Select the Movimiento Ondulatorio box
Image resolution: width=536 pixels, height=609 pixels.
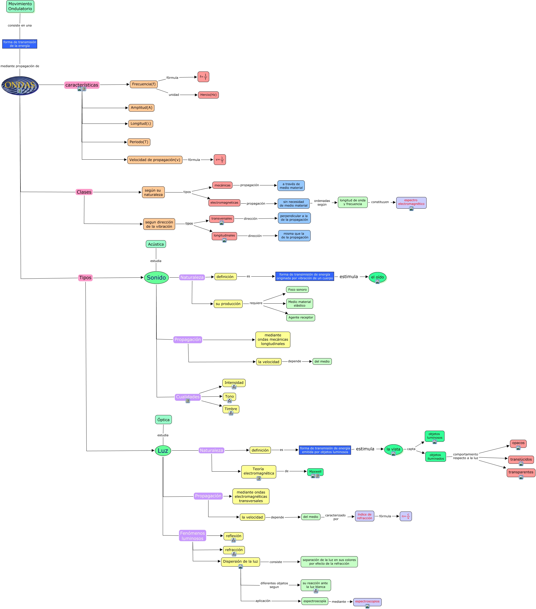[20, 6]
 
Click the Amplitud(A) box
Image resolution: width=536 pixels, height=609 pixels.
[141, 108]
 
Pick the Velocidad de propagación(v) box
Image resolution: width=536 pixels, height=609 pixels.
[155, 160]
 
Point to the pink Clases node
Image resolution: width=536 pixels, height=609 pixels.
[84, 192]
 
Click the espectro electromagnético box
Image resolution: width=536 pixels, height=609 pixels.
[411, 202]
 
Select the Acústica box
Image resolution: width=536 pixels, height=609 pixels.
[156, 244]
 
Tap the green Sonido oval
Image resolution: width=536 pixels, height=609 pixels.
[156, 277]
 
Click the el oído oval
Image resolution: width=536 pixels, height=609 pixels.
[377, 277]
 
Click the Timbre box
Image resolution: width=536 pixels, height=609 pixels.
[231, 409]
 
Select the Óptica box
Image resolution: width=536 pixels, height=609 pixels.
[163, 420]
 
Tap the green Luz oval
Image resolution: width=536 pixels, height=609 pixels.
[163, 450]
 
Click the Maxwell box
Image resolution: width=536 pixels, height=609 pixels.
[315, 471]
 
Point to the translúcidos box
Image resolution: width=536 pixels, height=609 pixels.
[521, 459]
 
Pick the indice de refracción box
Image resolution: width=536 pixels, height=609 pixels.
[364, 516]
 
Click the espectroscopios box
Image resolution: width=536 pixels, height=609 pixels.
[367, 601]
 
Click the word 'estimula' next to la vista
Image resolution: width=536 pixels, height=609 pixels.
[365, 449]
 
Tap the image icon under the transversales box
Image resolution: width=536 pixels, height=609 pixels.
[221, 223]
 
